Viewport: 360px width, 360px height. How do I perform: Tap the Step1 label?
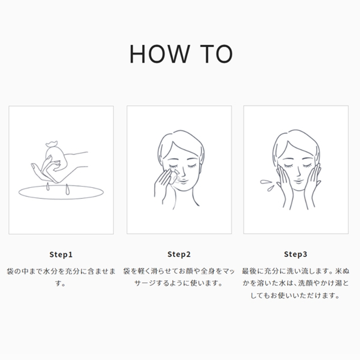61,254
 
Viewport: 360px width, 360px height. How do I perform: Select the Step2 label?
179,254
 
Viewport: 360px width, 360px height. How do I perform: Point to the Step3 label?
296,254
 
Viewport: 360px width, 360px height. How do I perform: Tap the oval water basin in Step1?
61,192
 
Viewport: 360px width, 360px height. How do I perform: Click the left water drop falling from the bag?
48,187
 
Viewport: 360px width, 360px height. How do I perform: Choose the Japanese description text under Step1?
61,277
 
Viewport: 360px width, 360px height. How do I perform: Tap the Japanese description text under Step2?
179,277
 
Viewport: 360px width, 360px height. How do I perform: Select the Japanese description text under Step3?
296,283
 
